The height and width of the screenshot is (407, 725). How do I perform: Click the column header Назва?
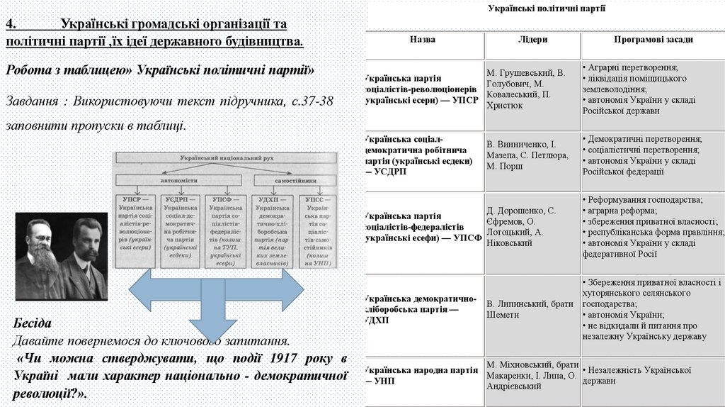click(422, 40)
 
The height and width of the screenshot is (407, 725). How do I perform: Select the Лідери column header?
click(532, 40)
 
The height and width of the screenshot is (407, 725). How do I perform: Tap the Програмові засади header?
click(653, 40)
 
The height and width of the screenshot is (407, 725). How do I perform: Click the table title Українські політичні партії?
click(546, 9)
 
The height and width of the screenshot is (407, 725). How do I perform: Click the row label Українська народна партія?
click(423, 375)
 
